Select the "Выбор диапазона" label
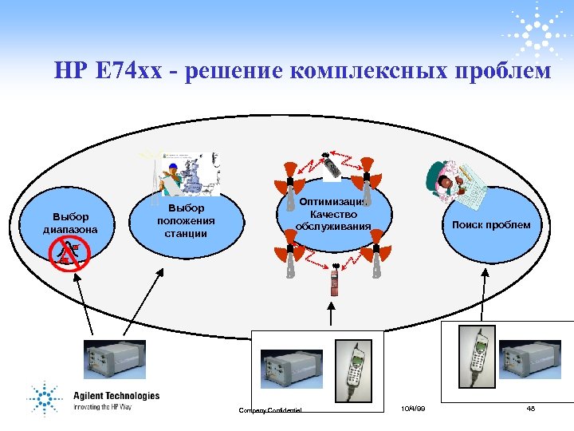tap(70, 223)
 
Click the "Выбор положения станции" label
tap(186, 221)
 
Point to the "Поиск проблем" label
tap(490, 224)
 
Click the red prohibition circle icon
tap(69, 253)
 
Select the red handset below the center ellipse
tap(336, 283)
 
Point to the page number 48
tap(530, 409)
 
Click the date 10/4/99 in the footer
tap(414, 409)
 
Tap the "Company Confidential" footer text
tap(270, 410)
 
